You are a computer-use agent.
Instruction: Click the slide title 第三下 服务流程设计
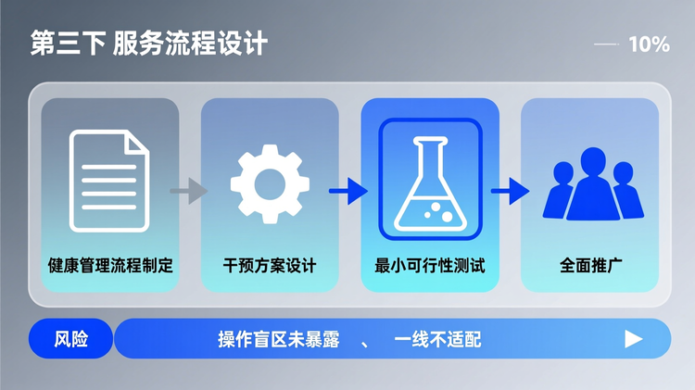tap(149, 44)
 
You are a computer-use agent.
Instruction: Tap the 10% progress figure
tap(649, 44)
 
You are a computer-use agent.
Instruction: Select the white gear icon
tap(270, 181)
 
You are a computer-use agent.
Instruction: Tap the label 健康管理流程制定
tap(109, 266)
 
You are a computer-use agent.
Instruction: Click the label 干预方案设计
tap(270, 266)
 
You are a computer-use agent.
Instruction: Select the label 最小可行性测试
tap(430, 266)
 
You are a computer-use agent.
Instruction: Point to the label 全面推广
tap(590, 266)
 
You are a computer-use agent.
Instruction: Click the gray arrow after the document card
tap(189, 192)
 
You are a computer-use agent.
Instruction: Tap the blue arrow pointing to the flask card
tap(348, 192)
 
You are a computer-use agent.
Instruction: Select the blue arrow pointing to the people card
tap(510, 192)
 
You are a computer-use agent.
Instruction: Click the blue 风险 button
tap(71, 338)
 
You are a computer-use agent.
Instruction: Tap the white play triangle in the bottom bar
tap(634, 338)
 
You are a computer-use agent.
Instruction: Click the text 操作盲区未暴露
tap(274, 339)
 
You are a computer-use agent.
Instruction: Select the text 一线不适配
tap(438, 339)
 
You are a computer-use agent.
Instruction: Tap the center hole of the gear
tap(270, 182)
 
